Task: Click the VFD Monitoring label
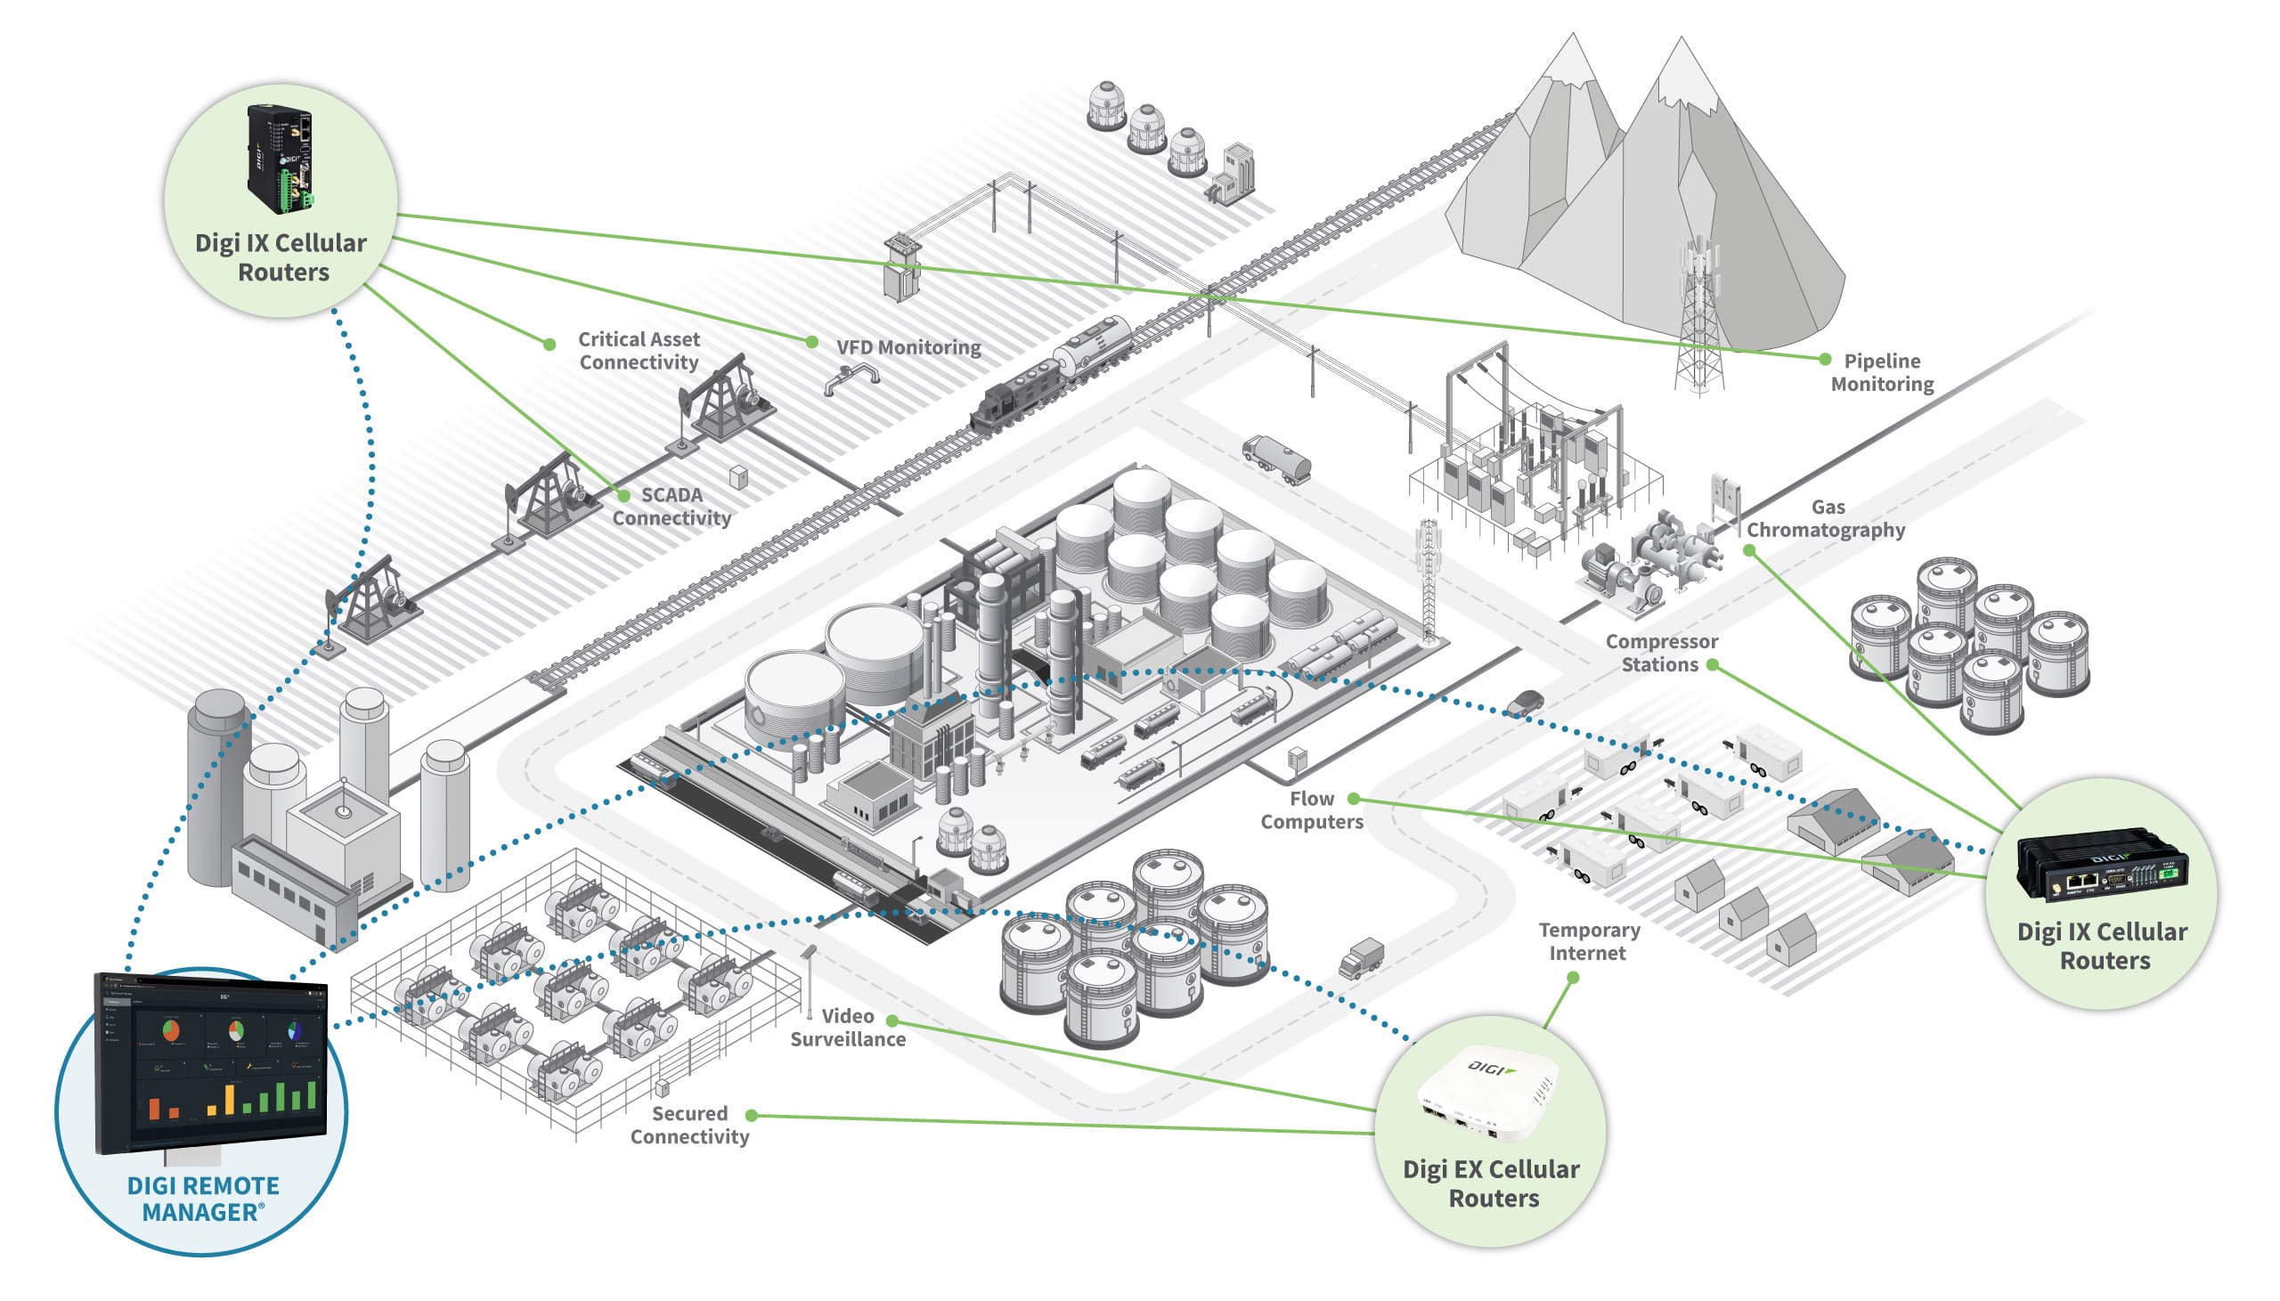pyautogui.click(x=908, y=346)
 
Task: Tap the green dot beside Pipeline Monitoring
pyautogui.click(x=1824, y=359)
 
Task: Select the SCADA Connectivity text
pyautogui.click(x=671, y=507)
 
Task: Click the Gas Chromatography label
pyautogui.click(x=1825, y=518)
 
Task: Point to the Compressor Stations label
pyautogui.click(x=1660, y=654)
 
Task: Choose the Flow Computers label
pyautogui.click(x=1311, y=810)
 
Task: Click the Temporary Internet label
pyautogui.click(x=1588, y=942)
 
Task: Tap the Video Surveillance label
pyautogui.click(x=847, y=1028)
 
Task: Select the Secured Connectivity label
pyautogui.click(x=688, y=1125)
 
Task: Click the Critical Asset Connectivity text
pyautogui.click(x=638, y=350)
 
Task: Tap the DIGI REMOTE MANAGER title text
pyautogui.click(x=203, y=1199)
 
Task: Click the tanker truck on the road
pyautogui.click(x=1276, y=459)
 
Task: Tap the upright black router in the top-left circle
pyautogui.click(x=280, y=158)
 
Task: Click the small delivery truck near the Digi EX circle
pyautogui.click(x=1361, y=958)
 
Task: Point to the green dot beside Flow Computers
pyautogui.click(x=1354, y=798)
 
